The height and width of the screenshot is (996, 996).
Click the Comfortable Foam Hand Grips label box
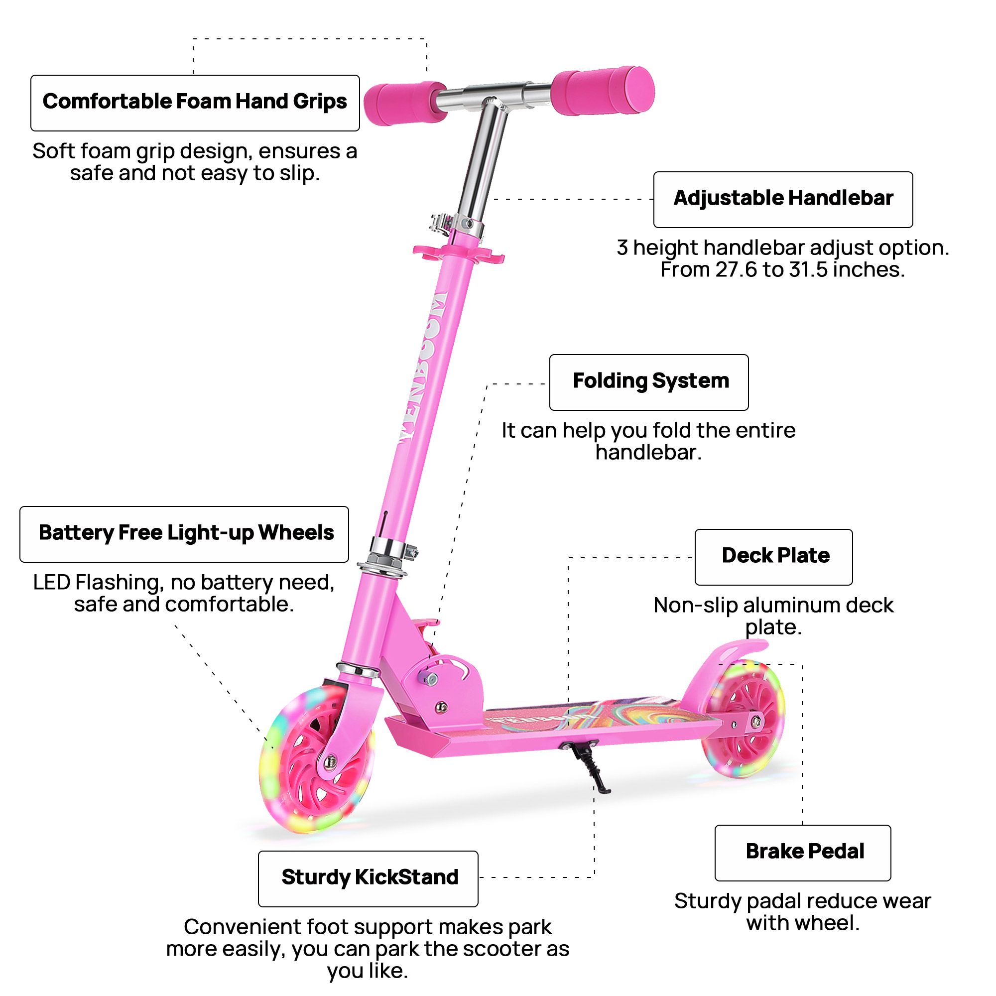click(195, 103)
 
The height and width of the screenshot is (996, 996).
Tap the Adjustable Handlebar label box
click(782, 199)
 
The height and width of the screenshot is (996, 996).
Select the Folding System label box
click(648, 382)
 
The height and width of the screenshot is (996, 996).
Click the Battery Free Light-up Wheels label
click(184, 533)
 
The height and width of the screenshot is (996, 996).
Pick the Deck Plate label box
click(773, 556)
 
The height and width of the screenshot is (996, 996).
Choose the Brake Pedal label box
click(802, 852)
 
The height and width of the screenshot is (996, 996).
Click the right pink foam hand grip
click(602, 90)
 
